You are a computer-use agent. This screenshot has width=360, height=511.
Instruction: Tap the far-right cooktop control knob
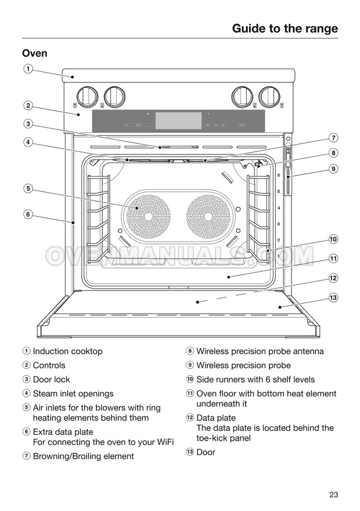click(x=270, y=95)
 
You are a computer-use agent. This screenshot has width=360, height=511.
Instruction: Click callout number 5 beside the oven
click(x=27, y=188)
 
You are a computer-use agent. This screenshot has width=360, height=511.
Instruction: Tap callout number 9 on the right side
click(x=333, y=169)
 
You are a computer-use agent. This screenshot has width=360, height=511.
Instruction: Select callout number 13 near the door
click(x=333, y=298)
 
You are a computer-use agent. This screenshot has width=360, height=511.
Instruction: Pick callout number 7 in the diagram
click(x=333, y=138)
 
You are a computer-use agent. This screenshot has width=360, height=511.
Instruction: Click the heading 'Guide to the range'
click(x=285, y=28)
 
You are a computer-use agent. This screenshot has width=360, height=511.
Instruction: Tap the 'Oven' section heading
click(x=35, y=53)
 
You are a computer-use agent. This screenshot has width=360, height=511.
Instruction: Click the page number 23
click(x=333, y=495)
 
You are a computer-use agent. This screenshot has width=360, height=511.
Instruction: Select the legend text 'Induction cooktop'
click(x=67, y=351)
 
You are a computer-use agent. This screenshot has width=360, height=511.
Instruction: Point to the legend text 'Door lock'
click(x=51, y=380)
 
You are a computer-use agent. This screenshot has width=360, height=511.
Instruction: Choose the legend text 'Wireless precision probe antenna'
click(x=260, y=351)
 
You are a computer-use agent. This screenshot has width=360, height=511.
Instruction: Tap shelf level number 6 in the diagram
click(x=279, y=175)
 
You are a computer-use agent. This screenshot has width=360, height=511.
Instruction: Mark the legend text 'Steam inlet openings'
click(x=73, y=394)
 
